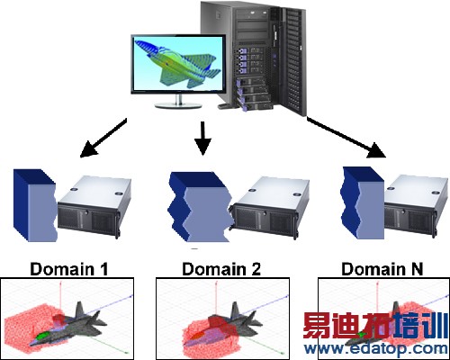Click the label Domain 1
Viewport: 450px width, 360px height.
67,268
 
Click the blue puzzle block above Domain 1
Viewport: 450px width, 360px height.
34,206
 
